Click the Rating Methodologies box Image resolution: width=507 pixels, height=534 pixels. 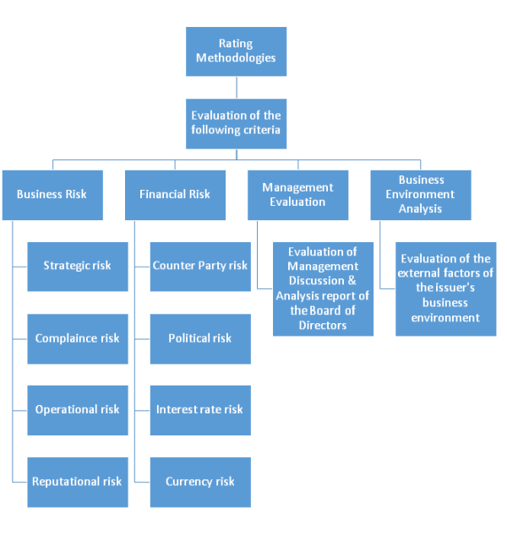(236, 51)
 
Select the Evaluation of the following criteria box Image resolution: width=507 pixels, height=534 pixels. (236, 123)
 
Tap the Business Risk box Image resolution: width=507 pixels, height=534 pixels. (52, 195)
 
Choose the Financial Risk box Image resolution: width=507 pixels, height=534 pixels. (175, 195)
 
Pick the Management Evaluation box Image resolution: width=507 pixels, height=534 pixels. (297, 195)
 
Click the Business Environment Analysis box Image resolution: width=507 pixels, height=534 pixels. (421, 195)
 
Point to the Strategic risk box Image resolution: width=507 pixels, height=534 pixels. (77, 266)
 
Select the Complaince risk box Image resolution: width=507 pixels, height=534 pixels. (77, 338)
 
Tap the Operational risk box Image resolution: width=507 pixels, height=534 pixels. (77, 410)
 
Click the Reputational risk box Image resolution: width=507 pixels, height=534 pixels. (77, 482)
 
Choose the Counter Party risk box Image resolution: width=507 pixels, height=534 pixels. (200, 266)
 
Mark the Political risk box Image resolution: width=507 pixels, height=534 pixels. (200, 338)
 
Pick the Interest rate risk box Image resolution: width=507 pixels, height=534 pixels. (200, 410)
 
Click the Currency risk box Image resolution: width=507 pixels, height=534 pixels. (200, 482)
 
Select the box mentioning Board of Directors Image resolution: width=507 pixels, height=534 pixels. (323, 289)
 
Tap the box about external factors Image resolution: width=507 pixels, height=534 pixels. (446, 289)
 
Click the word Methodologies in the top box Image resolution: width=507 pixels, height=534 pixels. (236, 59)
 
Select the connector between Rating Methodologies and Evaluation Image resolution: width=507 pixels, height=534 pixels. (236, 88)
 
